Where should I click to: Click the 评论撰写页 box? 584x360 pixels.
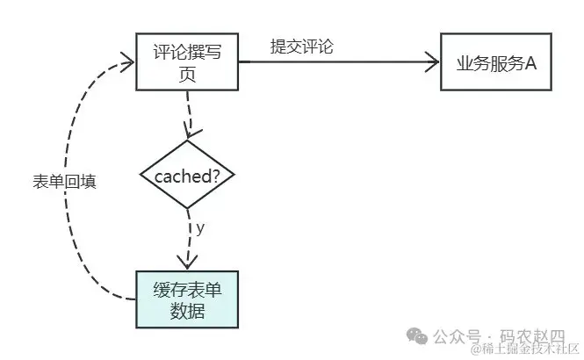coord(187,61)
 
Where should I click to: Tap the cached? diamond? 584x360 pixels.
coord(187,175)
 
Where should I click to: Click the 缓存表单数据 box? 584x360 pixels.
coord(187,299)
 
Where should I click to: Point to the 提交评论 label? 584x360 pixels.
coord(302,47)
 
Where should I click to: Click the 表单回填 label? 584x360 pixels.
coord(64,182)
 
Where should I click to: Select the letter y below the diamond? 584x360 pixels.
coord(200,227)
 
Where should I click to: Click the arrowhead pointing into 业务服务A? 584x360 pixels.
coord(432,61)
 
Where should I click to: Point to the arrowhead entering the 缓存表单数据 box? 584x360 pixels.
coord(187,262)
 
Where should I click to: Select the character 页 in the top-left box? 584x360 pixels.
coord(187,76)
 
